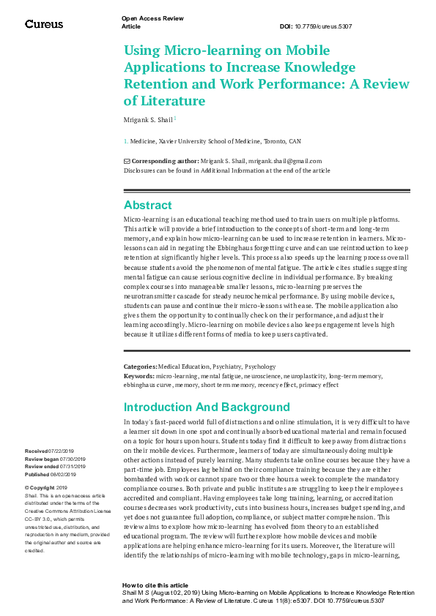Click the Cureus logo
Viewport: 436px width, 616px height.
(44, 24)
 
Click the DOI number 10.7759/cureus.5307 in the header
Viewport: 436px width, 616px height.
(327, 26)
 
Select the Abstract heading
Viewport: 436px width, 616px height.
(148, 206)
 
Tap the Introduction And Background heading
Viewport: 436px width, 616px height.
(207, 407)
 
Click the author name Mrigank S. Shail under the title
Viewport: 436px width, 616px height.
(149, 119)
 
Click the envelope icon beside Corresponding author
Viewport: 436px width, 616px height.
(127, 161)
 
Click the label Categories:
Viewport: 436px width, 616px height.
(141, 366)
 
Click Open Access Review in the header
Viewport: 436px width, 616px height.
(152, 18)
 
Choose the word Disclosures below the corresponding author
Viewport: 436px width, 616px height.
(143, 170)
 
